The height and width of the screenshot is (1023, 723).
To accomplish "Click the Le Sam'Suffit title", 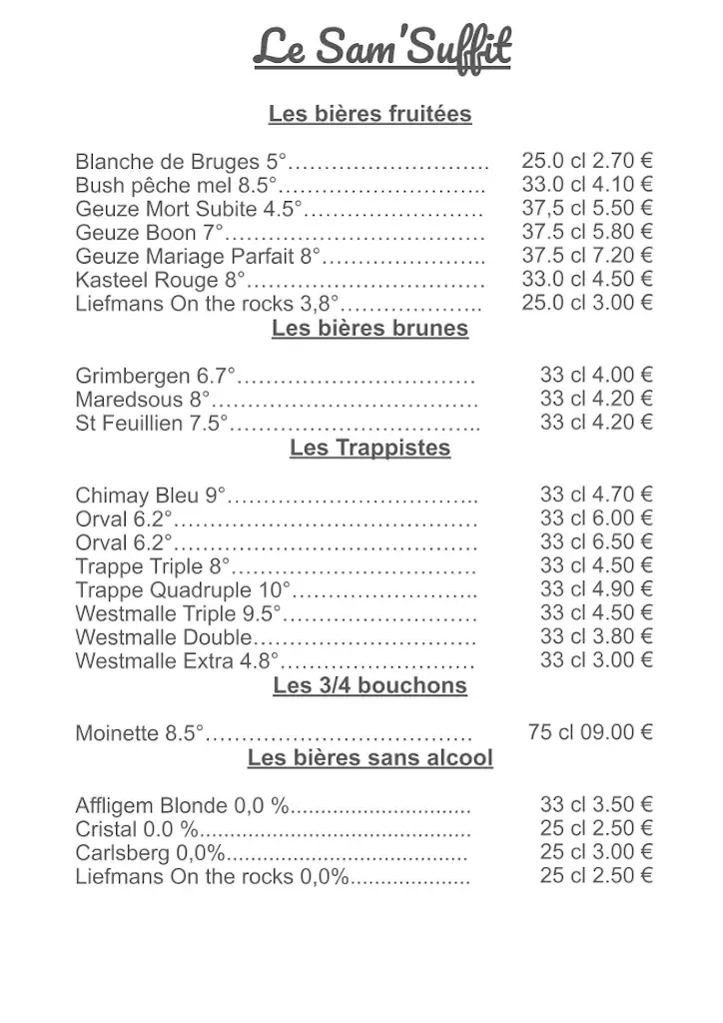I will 381,47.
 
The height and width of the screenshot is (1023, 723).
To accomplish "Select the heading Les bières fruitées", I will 369,114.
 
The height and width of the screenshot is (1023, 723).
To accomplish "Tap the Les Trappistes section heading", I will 369,448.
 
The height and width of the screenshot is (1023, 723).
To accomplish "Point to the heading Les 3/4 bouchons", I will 369,685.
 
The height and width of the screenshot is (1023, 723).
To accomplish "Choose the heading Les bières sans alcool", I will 369,758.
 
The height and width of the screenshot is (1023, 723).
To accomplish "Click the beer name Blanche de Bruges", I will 169,161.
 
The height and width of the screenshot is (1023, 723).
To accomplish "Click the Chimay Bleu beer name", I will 139,495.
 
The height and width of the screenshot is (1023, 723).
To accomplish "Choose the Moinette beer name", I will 119,733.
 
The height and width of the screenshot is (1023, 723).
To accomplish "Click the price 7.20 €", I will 622,256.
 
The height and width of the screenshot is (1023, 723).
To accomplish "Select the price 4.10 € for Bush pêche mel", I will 622,184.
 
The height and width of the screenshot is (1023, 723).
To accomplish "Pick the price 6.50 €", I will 622,541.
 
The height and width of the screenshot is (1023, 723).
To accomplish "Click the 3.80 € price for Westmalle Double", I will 622,636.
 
